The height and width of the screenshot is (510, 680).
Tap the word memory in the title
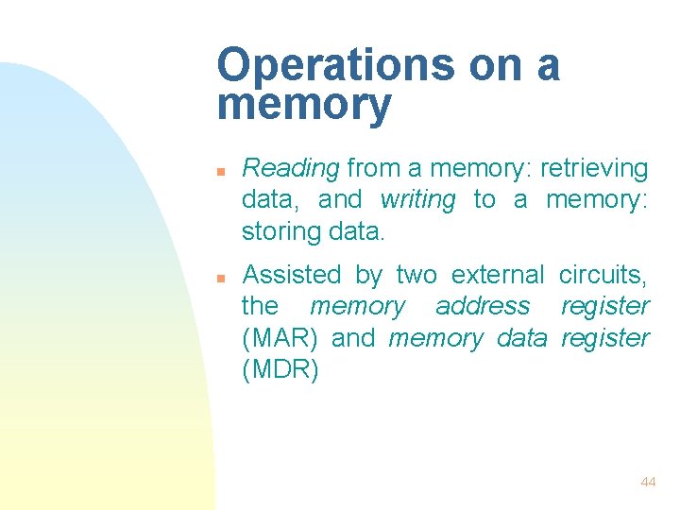pos(303,106)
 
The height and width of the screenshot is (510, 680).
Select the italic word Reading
pos(290,169)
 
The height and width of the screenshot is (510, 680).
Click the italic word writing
pos(417,199)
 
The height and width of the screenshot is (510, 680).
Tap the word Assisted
pos(292,275)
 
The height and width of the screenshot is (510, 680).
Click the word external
pos(498,275)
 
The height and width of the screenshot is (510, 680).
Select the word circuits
pos(603,275)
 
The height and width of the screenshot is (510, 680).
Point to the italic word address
pos(483,306)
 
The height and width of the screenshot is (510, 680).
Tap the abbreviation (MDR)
pos(280,369)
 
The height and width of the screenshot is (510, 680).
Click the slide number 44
pos(648,482)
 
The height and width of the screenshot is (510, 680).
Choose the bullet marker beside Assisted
pos(219,278)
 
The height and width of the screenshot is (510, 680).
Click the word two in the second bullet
pos(416,275)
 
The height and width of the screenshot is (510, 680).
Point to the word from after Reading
pos(373,169)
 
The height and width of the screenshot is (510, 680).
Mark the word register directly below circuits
pos(604,306)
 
